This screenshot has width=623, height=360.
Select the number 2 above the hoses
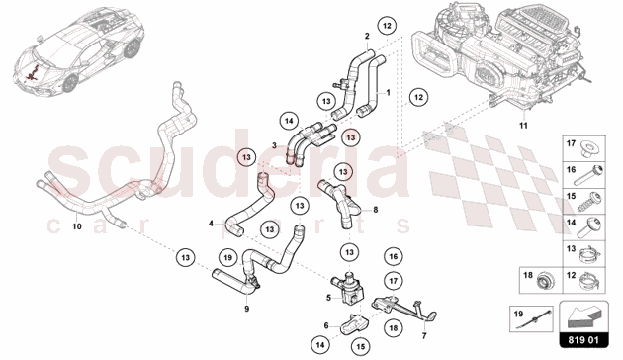(367, 36)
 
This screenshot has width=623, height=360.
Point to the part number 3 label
(276, 145)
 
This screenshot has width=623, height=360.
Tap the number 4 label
(211, 224)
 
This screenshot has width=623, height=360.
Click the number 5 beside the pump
(328, 295)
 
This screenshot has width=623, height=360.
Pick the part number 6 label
(327, 325)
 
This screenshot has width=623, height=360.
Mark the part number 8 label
(375, 210)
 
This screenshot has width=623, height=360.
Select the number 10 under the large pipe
(77, 225)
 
